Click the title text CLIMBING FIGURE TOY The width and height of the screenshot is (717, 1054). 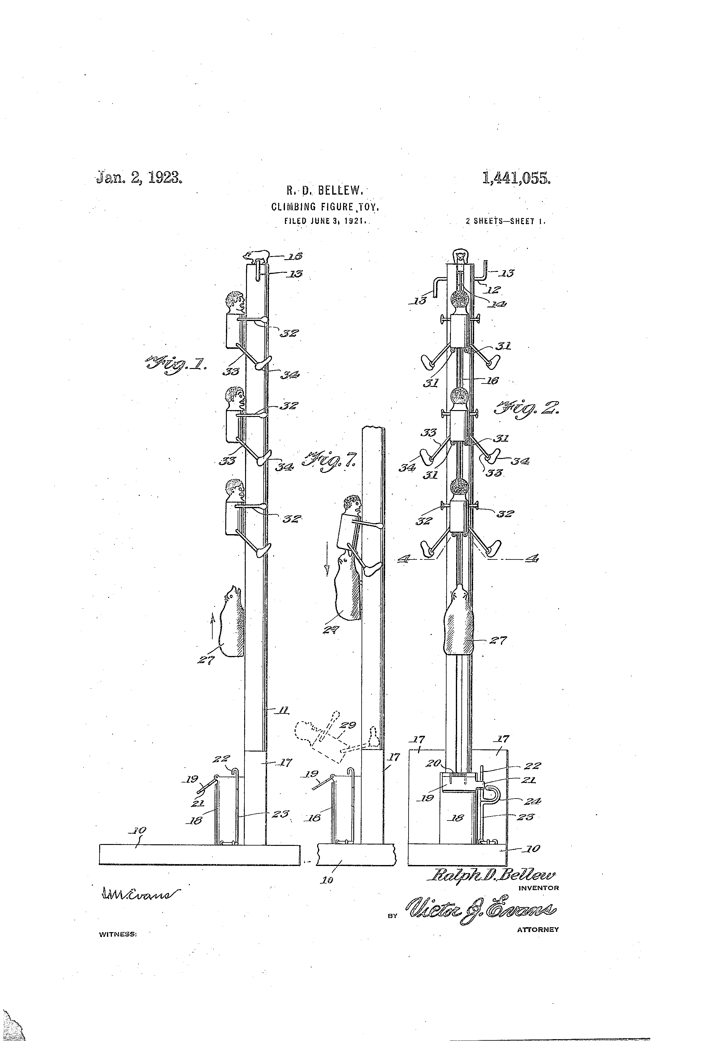(x=325, y=207)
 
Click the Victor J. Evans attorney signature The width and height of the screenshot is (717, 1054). (x=482, y=911)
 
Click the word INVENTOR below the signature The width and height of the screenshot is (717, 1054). (x=538, y=888)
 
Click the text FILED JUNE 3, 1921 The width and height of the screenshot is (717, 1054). (x=325, y=222)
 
